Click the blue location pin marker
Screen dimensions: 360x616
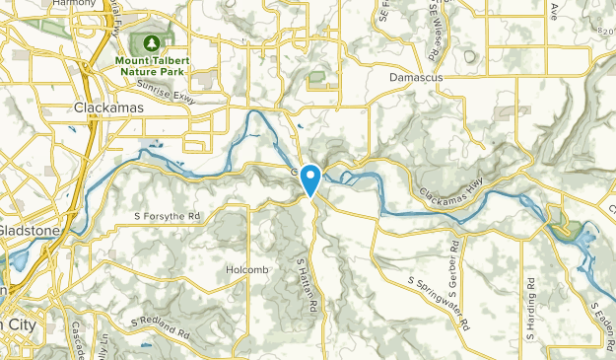coord(311,179)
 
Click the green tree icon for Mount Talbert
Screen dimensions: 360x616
coord(152,43)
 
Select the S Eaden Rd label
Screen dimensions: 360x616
coord(600,325)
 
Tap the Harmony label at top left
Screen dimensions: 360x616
coord(76,4)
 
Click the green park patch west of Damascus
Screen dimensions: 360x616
coord(316,77)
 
